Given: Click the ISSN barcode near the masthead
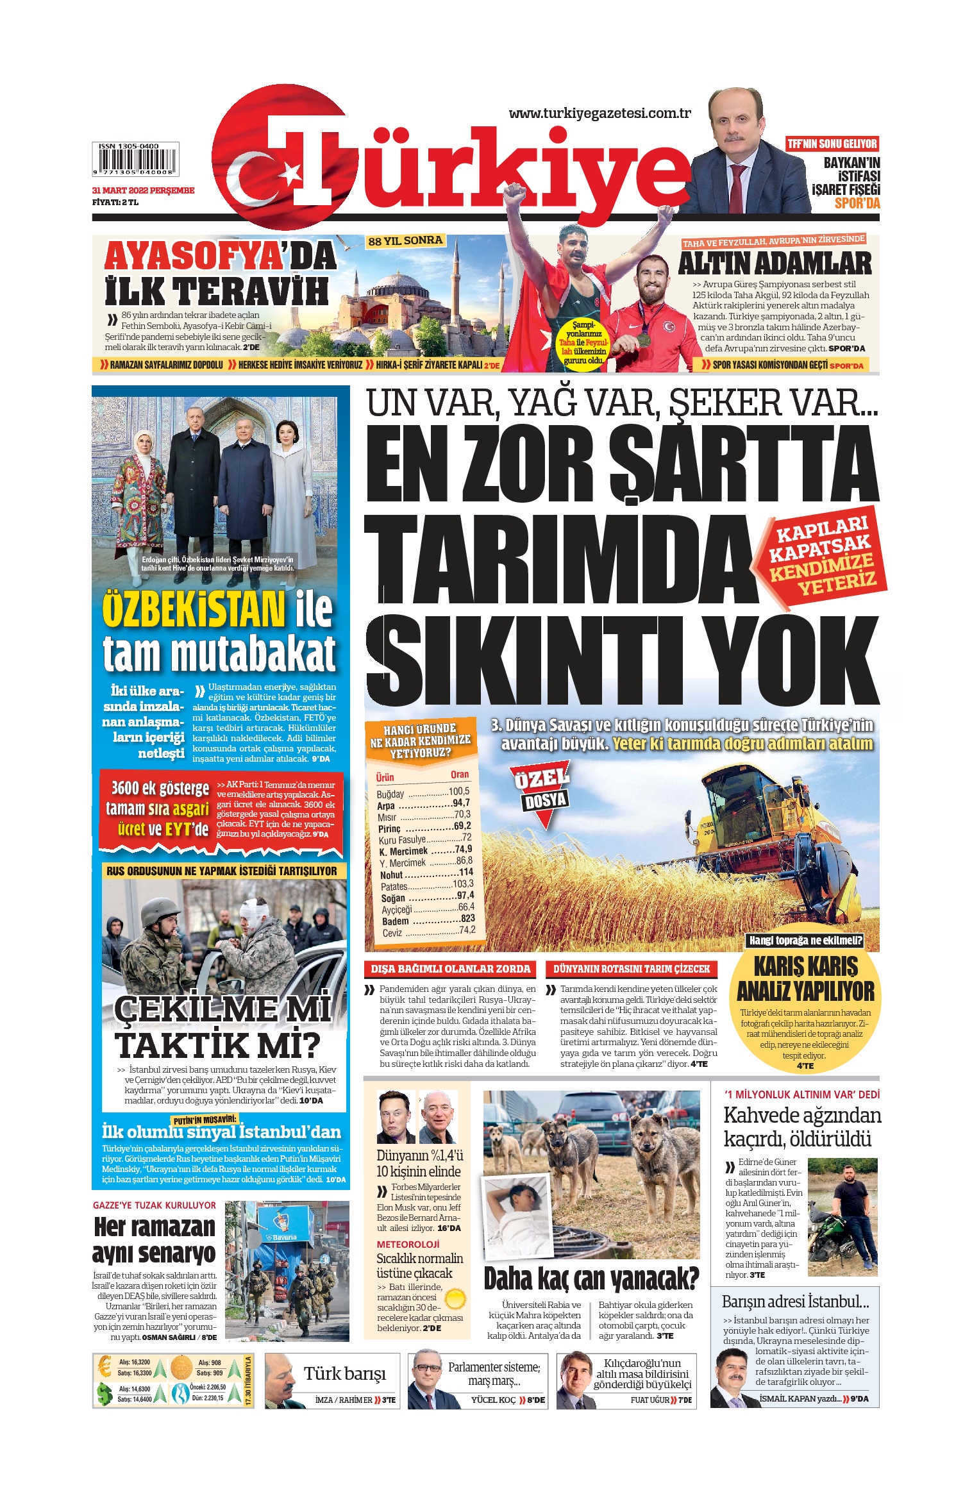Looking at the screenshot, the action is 135,160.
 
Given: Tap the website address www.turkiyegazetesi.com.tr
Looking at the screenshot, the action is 599,113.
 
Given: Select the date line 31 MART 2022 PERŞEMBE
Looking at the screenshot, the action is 143,190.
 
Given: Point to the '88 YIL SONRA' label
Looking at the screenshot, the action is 405,241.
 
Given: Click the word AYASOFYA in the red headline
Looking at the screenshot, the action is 193,256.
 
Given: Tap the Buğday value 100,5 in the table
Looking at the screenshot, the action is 459,791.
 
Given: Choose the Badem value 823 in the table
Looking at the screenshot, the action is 467,919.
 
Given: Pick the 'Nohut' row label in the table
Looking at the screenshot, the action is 391,875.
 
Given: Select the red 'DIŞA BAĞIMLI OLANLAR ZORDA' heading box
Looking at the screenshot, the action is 451,969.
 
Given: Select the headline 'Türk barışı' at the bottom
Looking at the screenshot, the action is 345,1373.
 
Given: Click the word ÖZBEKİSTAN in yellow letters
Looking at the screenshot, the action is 194,610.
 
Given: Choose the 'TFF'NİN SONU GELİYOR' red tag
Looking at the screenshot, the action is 832,144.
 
